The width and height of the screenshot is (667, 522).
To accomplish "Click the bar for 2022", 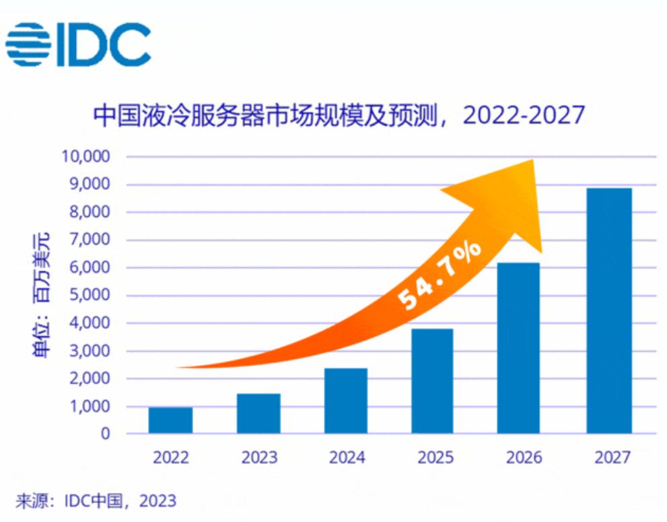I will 170,420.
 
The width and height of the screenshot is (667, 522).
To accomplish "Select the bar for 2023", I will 258,414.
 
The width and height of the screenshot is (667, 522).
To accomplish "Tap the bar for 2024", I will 346,401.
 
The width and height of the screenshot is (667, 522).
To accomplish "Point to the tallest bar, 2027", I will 609,311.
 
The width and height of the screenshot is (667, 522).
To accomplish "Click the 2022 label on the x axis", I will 171,458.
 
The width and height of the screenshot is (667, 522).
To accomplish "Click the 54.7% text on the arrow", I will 440,275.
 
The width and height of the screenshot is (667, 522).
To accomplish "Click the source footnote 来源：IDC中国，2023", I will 96,500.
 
